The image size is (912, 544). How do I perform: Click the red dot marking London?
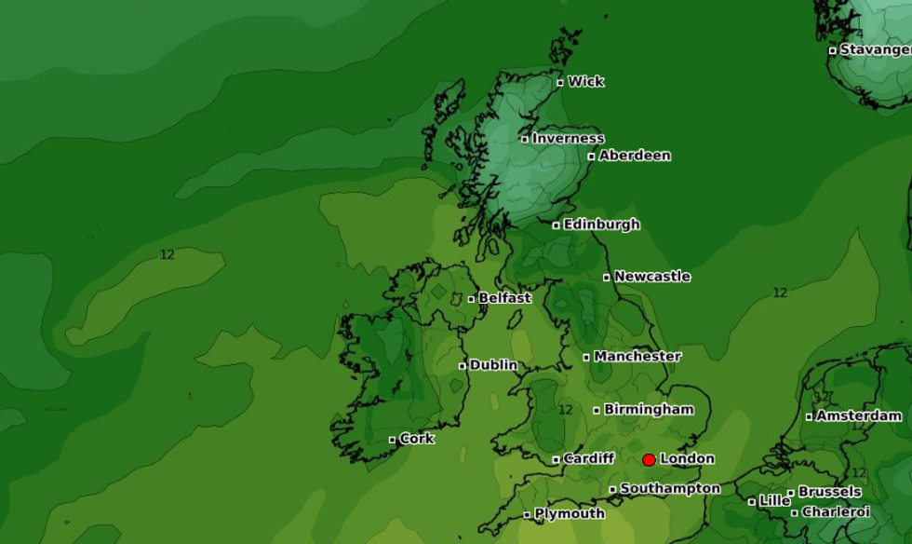tap(649, 459)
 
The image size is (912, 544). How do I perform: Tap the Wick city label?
tap(586, 82)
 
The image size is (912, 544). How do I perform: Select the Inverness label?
tap(568, 139)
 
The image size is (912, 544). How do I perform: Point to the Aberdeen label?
tap(634, 156)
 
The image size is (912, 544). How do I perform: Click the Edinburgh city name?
tap(601, 224)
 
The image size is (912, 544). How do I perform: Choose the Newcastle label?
tap(651, 277)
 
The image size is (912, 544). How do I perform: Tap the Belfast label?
tap(504, 298)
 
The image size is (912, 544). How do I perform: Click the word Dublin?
tap(493, 365)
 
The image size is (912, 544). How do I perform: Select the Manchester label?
tap(637, 356)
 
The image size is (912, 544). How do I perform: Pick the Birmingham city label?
tap(649, 409)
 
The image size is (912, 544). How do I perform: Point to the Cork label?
tap(417, 439)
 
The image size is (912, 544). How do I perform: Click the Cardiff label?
tap(589, 458)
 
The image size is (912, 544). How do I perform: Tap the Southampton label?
tap(670, 489)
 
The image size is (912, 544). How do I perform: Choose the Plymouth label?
tap(570, 514)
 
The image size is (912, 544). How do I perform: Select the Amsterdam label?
tap(858, 415)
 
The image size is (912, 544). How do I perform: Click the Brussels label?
tap(829, 492)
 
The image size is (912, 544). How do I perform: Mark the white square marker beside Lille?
tap(752, 501)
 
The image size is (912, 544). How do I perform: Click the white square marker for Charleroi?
tap(795, 512)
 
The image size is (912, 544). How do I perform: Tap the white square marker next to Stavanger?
tap(832, 50)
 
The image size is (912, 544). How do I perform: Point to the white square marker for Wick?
tap(560, 83)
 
